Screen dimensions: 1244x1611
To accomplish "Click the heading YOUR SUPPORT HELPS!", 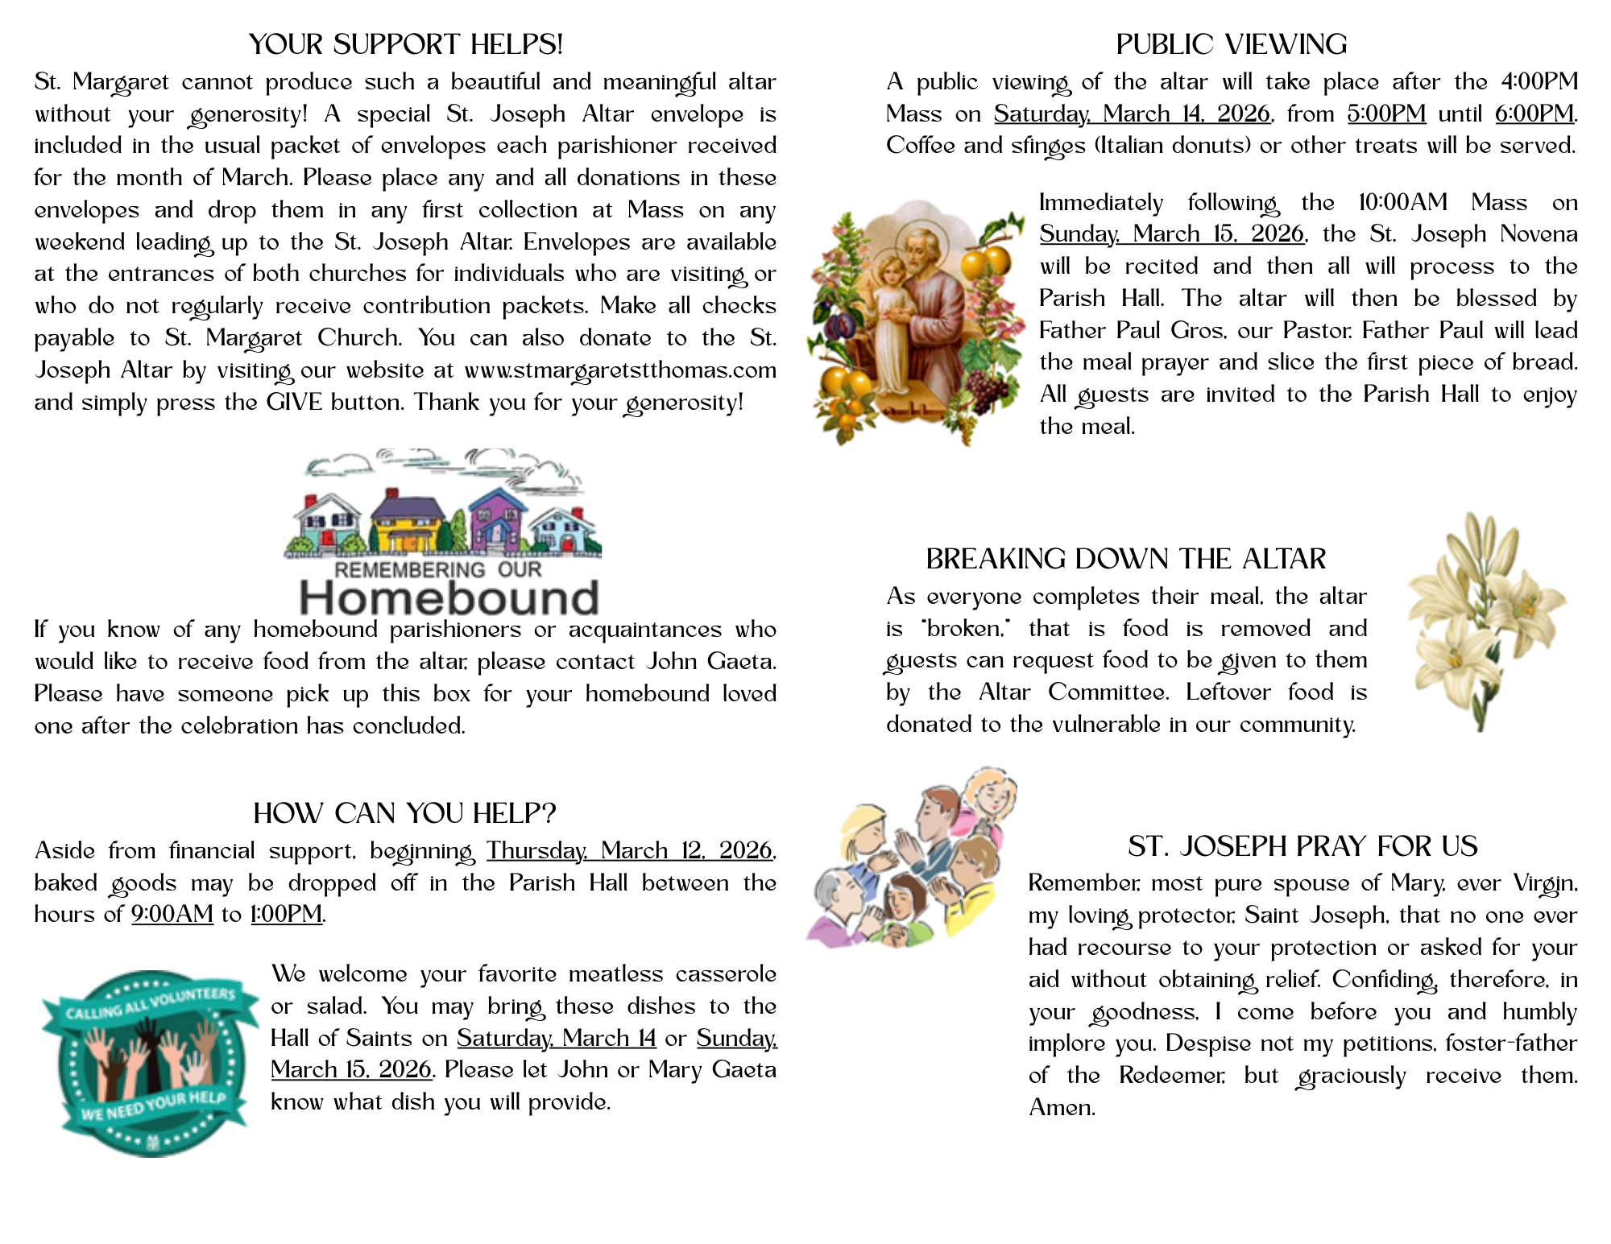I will (x=405, y=44).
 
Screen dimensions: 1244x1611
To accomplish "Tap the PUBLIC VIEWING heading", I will (x=1231, y=44).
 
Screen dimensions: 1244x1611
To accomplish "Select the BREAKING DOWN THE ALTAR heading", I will (x=1125, y=559).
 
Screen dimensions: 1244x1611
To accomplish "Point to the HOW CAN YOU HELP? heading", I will (x=404, y=813).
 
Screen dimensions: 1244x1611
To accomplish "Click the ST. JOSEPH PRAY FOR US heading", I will (x=1302, y=846).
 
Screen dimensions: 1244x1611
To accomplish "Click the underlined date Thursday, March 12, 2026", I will (x=629, y=851).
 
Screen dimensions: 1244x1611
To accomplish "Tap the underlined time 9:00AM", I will (x=172, y=915).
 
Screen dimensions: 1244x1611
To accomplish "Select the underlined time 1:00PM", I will (x=286, y=915).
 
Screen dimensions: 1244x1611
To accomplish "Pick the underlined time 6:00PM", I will (x=1534, y=114).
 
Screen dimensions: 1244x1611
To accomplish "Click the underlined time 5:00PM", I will (x=1386, y=114).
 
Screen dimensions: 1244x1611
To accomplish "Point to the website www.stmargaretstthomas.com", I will (x=620, y=370).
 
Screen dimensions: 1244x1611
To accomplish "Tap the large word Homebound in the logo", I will (x=449, y=597).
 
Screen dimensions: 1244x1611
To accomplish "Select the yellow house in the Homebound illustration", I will (x=407, y=527).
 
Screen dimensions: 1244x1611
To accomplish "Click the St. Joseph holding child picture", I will (x=917, y=322).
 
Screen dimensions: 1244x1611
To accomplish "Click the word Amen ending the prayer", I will (x=1061, y=1108).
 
